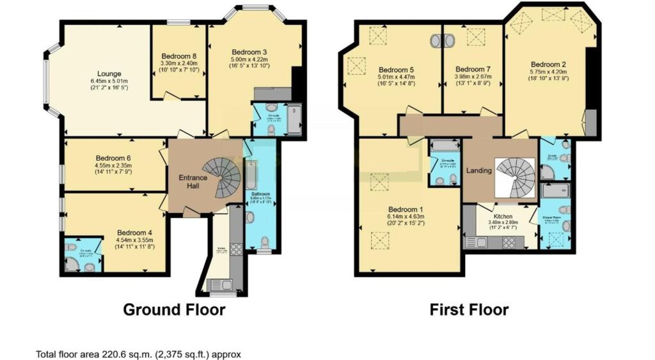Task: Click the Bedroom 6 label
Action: (114, 158)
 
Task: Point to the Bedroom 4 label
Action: (134, 233)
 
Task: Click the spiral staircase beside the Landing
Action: (514, 175)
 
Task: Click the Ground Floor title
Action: (174, 310)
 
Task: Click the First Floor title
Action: (470, 310)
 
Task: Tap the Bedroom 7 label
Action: (473, 69)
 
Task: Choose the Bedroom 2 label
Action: (549, 64)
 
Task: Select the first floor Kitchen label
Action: (503, 217)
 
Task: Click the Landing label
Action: (479, 171)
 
